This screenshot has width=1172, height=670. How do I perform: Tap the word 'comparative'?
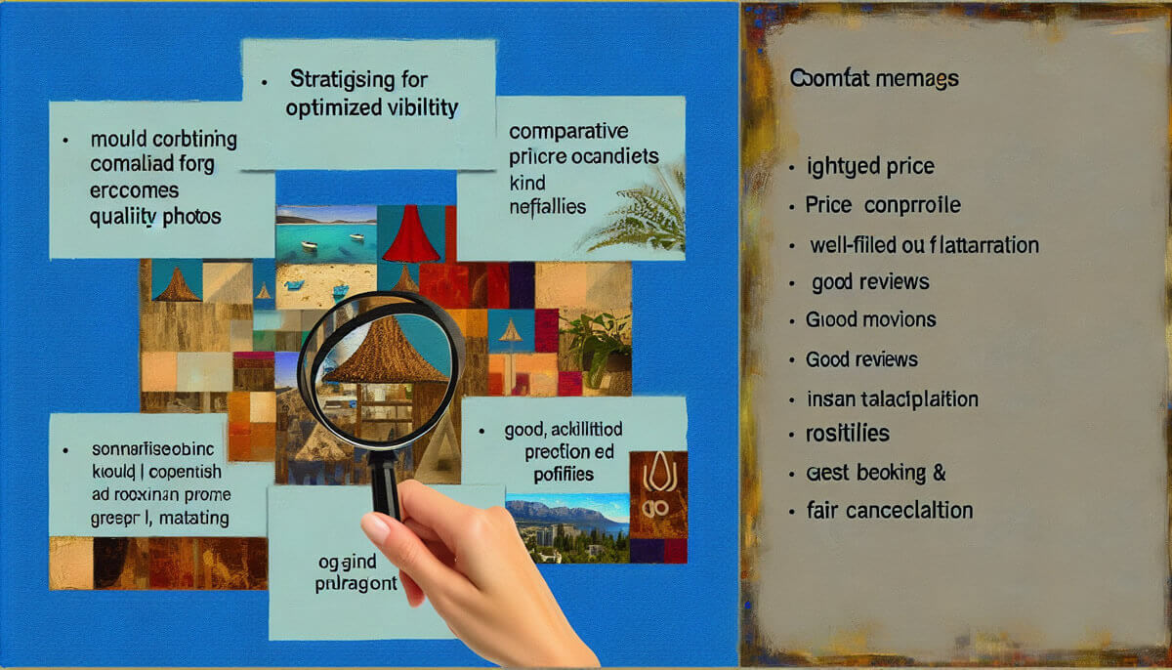[x=568, y=132]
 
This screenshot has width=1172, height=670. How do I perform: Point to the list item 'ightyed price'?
[x=870, y=167]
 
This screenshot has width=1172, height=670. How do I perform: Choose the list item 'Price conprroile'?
[x=882, y=205]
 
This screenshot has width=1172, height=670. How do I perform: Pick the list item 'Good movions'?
[x=870, y=319]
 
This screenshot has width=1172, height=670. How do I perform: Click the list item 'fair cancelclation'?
[x=889, y=510]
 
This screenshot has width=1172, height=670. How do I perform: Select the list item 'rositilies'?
[x=848, y=433]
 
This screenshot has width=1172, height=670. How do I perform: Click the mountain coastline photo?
[x=566, y=527]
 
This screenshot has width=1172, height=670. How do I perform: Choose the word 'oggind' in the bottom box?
[x=347, y=563]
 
